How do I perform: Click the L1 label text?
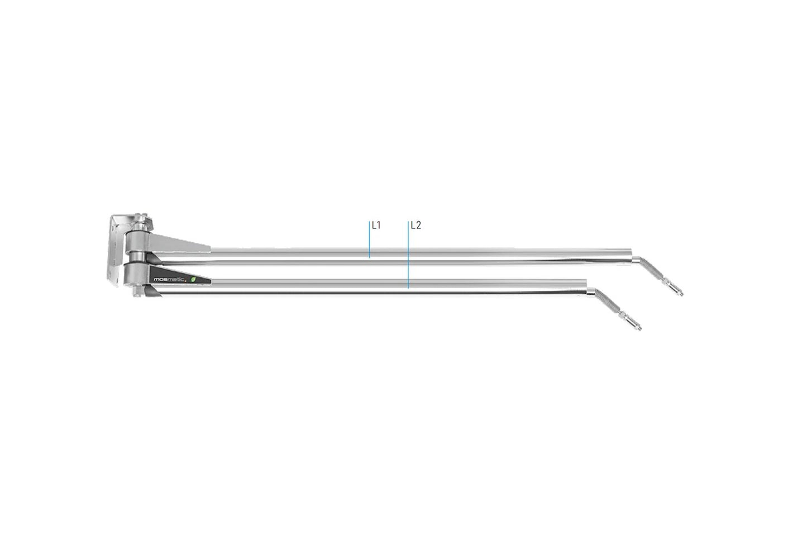tap(376, 226)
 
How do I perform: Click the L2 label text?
tap(416, 226)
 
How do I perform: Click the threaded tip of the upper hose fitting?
tap(678, 291)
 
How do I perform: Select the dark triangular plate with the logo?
tap(179, 277)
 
